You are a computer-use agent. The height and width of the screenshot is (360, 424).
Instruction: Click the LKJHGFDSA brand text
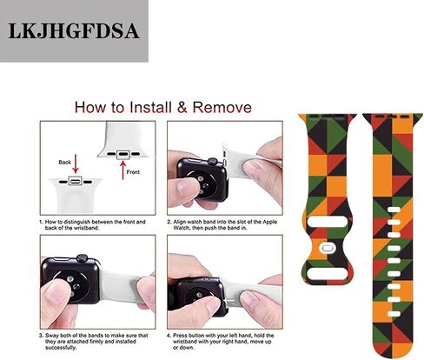tap(74, 30)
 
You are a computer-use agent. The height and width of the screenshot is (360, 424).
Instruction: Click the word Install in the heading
tap(150, 107)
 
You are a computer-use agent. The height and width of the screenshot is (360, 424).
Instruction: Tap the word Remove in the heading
tap(222, 107)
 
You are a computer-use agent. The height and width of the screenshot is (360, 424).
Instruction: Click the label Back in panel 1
tap(64, 163)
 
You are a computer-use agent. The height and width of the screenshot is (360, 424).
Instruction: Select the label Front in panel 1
tap(133, 172)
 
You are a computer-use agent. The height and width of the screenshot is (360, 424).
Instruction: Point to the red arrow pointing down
tap(76, 164)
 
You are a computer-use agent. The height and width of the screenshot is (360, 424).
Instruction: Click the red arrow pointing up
tap(123, 170)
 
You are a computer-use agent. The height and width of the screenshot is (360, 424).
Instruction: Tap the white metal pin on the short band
tap(327, 248)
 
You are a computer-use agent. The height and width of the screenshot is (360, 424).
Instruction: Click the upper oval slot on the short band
tap(328, 223)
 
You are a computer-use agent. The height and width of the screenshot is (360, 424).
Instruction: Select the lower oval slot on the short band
tap(328, 273)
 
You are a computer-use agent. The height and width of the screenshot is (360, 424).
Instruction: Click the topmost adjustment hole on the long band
tap(394, 210)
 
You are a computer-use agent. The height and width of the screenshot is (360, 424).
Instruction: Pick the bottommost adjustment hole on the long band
tap(394, 314)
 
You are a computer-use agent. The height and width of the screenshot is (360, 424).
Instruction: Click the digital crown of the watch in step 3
tap(82, 257)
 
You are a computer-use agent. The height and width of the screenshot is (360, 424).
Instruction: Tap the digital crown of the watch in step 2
tap(213, 162)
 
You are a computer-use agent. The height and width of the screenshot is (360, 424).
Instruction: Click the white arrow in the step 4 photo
tap(229, 302)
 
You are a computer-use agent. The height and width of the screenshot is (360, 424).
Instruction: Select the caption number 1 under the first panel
tap(41, 222)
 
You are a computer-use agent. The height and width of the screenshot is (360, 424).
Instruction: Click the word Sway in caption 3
tap(51, 336)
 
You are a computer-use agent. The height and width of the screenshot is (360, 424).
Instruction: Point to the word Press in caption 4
tap(180, 336)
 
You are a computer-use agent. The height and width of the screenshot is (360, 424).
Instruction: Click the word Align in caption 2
tap(180, 222)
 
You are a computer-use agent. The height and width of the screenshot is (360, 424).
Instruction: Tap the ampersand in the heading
tap(182, 107)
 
